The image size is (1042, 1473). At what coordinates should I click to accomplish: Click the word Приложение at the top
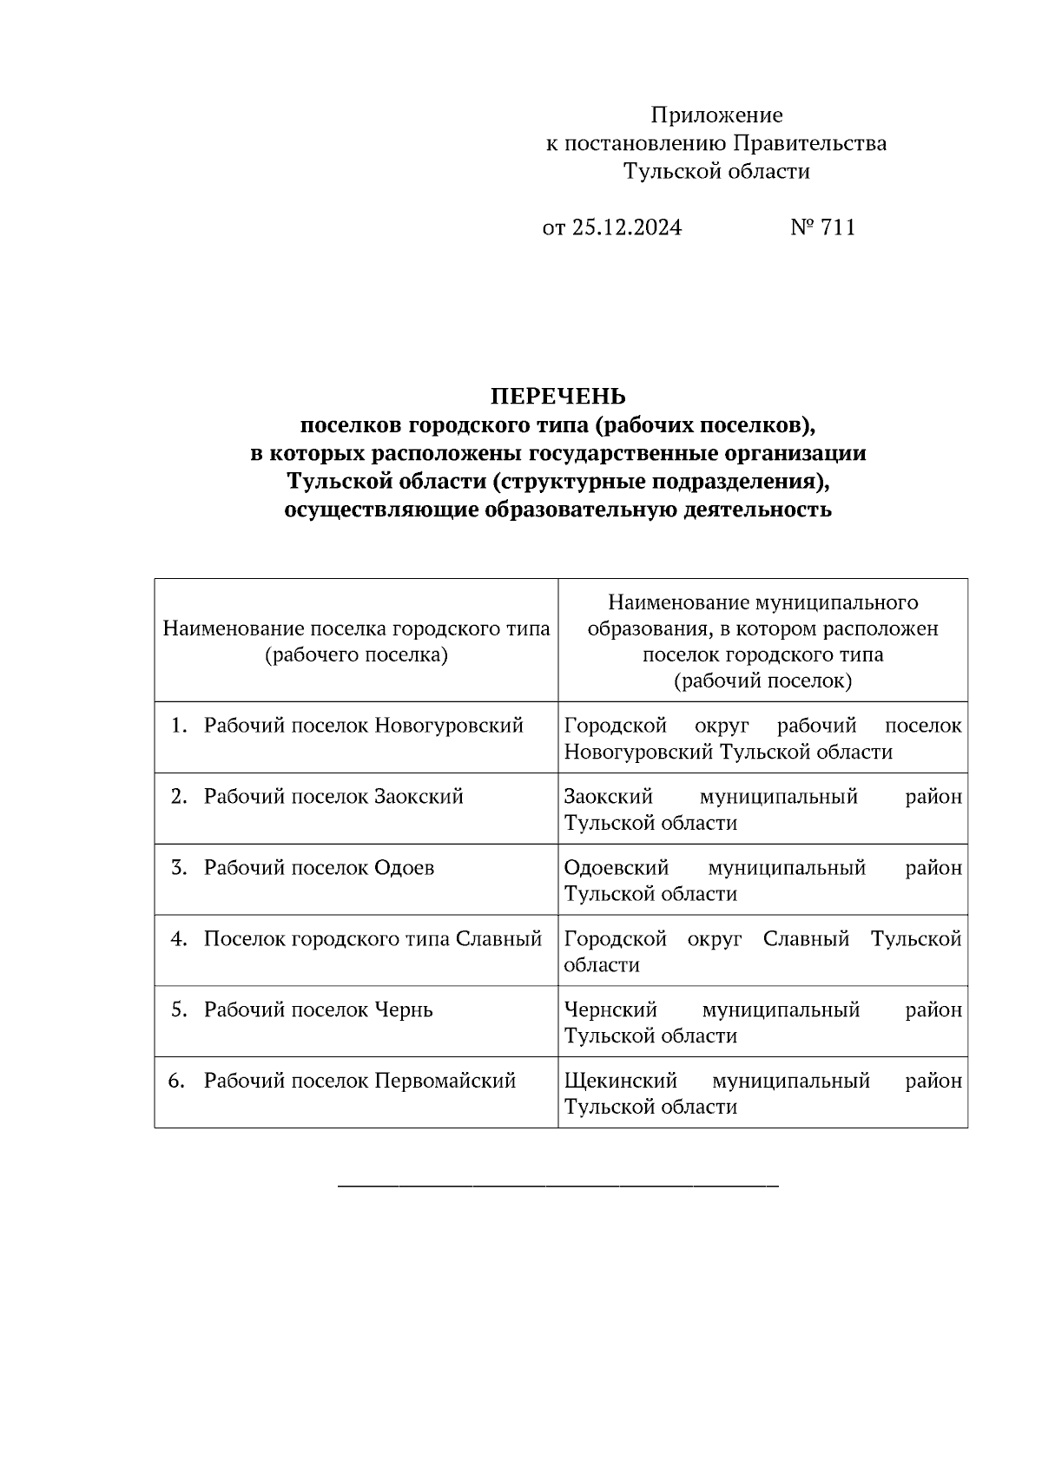coord(716,115)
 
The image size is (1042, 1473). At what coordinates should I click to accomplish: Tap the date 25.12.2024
coord(626,227)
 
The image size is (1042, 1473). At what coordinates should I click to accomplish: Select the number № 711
coord(822,227)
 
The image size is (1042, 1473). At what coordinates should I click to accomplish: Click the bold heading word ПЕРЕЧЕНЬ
coord(557,397)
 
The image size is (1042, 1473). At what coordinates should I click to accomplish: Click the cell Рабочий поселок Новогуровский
coord(363,726)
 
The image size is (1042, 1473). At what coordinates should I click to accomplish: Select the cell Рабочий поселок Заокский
coord(333,797)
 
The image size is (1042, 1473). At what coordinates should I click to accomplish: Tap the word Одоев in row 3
coord(404,868)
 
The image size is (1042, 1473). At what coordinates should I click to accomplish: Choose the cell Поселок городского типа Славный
coord(373,939)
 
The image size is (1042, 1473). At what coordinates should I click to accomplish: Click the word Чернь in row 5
coord(403,1010)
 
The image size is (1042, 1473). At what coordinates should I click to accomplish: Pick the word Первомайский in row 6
coord(445,1082)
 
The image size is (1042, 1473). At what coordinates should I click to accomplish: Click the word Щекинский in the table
coord(620,1082)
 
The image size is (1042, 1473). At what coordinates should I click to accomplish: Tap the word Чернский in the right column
coord(610,1010)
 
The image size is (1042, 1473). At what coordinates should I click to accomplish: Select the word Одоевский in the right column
coord(616,868)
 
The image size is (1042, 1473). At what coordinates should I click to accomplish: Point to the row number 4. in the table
coord(179,939)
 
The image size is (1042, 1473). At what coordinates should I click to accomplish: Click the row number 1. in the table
coord(179,726)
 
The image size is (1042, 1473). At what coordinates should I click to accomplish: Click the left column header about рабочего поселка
coord(356,641)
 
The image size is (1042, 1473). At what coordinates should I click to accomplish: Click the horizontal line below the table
coord(557,1185)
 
